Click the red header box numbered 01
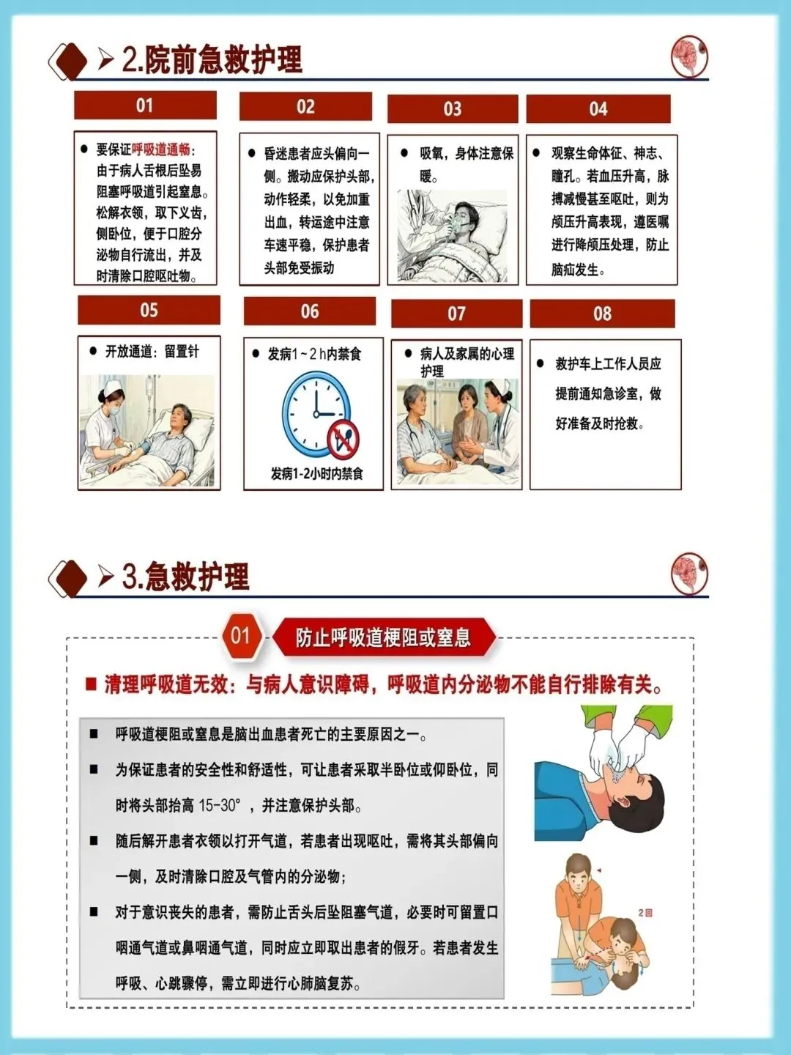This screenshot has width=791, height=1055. (x=145, y=105)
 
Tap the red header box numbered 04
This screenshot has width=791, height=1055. (x=598, y=109)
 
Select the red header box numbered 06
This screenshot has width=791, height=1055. (x=310, y=311)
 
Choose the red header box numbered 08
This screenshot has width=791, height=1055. (x=602, y=314)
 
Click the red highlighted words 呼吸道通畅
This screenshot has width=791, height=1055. (x=161, y=150)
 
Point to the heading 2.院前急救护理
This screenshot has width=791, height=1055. (x=212, y=60)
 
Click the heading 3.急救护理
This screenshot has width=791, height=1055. (x=185, y=576)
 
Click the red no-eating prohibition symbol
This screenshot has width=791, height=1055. (x=343, y=439)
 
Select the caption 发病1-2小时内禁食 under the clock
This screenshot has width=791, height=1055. (x=316, y=474)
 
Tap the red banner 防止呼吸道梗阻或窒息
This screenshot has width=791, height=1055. (x=383, y=638)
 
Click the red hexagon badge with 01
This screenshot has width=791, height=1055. (x=241, y=636)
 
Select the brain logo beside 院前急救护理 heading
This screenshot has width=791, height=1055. (x=689, y=56)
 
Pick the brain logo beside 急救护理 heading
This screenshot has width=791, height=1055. (x=689, y=574)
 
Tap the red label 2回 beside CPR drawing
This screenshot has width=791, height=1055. (x=645, y=912)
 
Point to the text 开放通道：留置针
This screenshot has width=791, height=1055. (x=152, y=352)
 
